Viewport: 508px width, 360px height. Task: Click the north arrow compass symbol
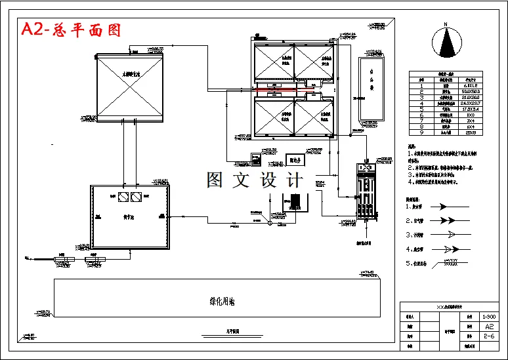(446, 43)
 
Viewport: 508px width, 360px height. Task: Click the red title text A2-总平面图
(71, 30)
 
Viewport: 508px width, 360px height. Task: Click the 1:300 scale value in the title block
(488, 315)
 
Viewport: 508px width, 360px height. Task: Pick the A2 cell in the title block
(488, 326)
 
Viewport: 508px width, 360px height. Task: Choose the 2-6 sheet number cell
(488, 336)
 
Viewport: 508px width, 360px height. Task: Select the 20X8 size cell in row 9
(469, 132)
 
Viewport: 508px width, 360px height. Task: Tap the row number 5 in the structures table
(421, 108)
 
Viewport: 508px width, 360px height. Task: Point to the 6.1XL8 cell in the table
(469, 85)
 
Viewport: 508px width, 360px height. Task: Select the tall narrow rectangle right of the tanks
(371, 89)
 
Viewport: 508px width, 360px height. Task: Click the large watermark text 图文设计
(255, 179)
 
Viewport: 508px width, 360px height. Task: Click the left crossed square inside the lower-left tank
(121, 196)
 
